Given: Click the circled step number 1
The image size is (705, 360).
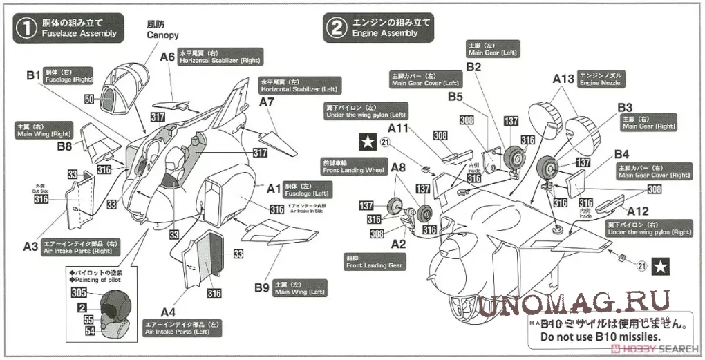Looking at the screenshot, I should click(26, 28).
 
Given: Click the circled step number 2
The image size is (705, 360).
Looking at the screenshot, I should click(335, 28).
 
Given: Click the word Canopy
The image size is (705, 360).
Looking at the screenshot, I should click(163, 35).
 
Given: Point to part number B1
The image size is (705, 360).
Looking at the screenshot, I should click(35, 75).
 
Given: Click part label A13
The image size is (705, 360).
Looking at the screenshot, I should click(563, 79).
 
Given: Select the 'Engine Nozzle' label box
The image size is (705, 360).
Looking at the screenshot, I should click(601, 78).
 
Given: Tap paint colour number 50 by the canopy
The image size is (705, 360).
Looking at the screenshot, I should click(89, 100).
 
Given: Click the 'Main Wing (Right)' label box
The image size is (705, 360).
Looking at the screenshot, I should click(42, 130).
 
